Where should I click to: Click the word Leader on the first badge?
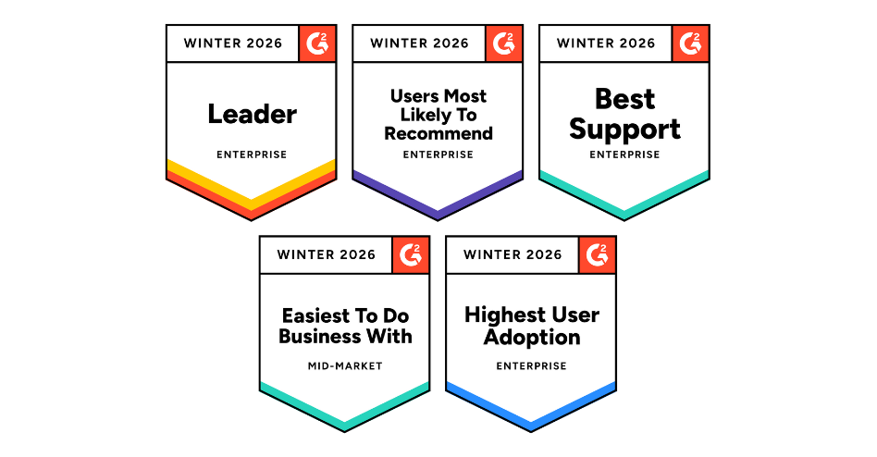point(253,114)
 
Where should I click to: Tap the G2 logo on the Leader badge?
point(317,43)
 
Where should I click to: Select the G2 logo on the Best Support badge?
point(690,43)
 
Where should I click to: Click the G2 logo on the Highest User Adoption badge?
point(598,254)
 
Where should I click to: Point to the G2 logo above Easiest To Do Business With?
point(411,254)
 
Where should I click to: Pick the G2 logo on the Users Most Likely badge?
point(504,43)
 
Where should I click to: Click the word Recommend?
point(438,134)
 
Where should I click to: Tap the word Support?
point(624,130)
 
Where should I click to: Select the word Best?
point(624,99)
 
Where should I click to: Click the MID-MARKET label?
point(345,365)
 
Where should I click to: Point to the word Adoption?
point(532,338)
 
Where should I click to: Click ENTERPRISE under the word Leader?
point(252,154)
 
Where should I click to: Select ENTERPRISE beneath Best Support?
point(624,154)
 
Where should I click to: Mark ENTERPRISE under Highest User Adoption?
point(531,365)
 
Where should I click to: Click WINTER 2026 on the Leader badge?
point(233,43)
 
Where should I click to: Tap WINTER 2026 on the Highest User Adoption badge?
point(513,254)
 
